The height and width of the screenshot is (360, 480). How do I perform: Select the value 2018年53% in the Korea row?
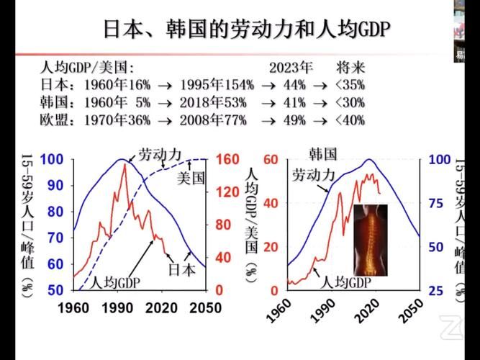pyautogui.click(x=212, y=102)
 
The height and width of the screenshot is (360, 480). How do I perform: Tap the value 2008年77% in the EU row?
pyautogui.click(x=212, y=120)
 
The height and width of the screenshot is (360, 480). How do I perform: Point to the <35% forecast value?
pyautogui.click(x=350, y=85)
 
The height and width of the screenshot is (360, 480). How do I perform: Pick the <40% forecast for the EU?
pyautogui.click(x=350, y=120)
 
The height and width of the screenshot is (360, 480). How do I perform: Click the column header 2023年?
pyautogui.click(x=291, y=68)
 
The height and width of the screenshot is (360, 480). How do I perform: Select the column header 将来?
pyautogui.click(x=351, y=68)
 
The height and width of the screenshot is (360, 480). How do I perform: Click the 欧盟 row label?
pyautogui.click(x=53, y=120)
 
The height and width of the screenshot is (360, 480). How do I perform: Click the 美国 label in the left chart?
pyautogui.click(x=191, y=177)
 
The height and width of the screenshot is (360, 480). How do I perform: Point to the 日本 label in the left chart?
pyautogui.click(x=181, y=270)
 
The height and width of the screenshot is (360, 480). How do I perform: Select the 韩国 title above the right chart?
pyautogui.click(x=323, y=153)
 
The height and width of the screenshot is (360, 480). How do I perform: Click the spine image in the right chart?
pyautogui.click(x=371, y=240)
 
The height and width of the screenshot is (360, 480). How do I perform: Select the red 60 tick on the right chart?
pyautogui.click(x=271, y=159)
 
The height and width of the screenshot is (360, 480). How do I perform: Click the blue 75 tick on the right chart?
pyautogui.click(x=440, y=203)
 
